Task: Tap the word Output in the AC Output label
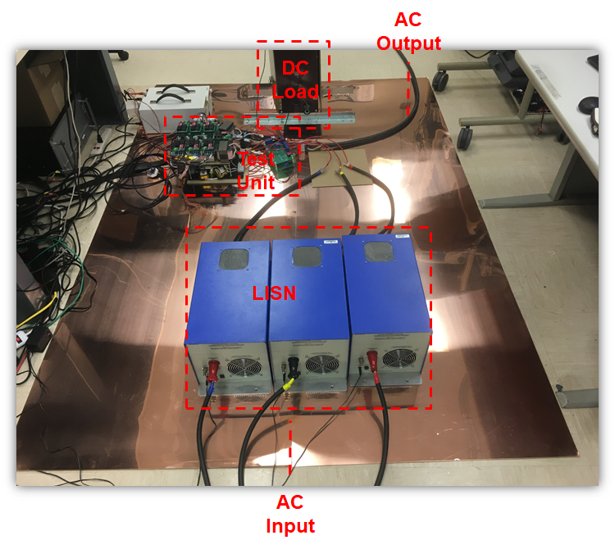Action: click(x=408, y=43)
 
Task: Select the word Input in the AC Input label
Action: click(x=290, y=525)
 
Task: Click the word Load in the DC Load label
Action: click(x=295, y=91)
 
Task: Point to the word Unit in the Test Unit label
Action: click(x=256, y=182)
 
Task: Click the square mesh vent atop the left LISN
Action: click(x=235, y=259)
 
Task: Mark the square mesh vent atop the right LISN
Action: click(x=377, y=251)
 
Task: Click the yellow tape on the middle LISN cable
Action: click(x=288, y=382)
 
